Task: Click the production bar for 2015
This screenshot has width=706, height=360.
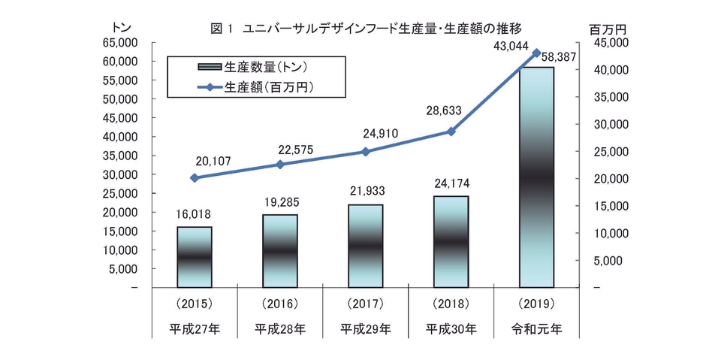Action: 194,256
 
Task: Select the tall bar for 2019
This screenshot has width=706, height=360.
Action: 536,177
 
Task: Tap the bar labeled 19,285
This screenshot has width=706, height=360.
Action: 279,250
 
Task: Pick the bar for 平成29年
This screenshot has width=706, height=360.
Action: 365,245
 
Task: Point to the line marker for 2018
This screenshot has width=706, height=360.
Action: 451,132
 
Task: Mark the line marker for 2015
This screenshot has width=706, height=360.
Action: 195,178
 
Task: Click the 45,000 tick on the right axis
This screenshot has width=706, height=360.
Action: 608,43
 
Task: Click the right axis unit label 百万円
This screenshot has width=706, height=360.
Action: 608,29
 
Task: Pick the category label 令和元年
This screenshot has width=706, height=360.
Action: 536,328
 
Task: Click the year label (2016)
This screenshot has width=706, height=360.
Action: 279,304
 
